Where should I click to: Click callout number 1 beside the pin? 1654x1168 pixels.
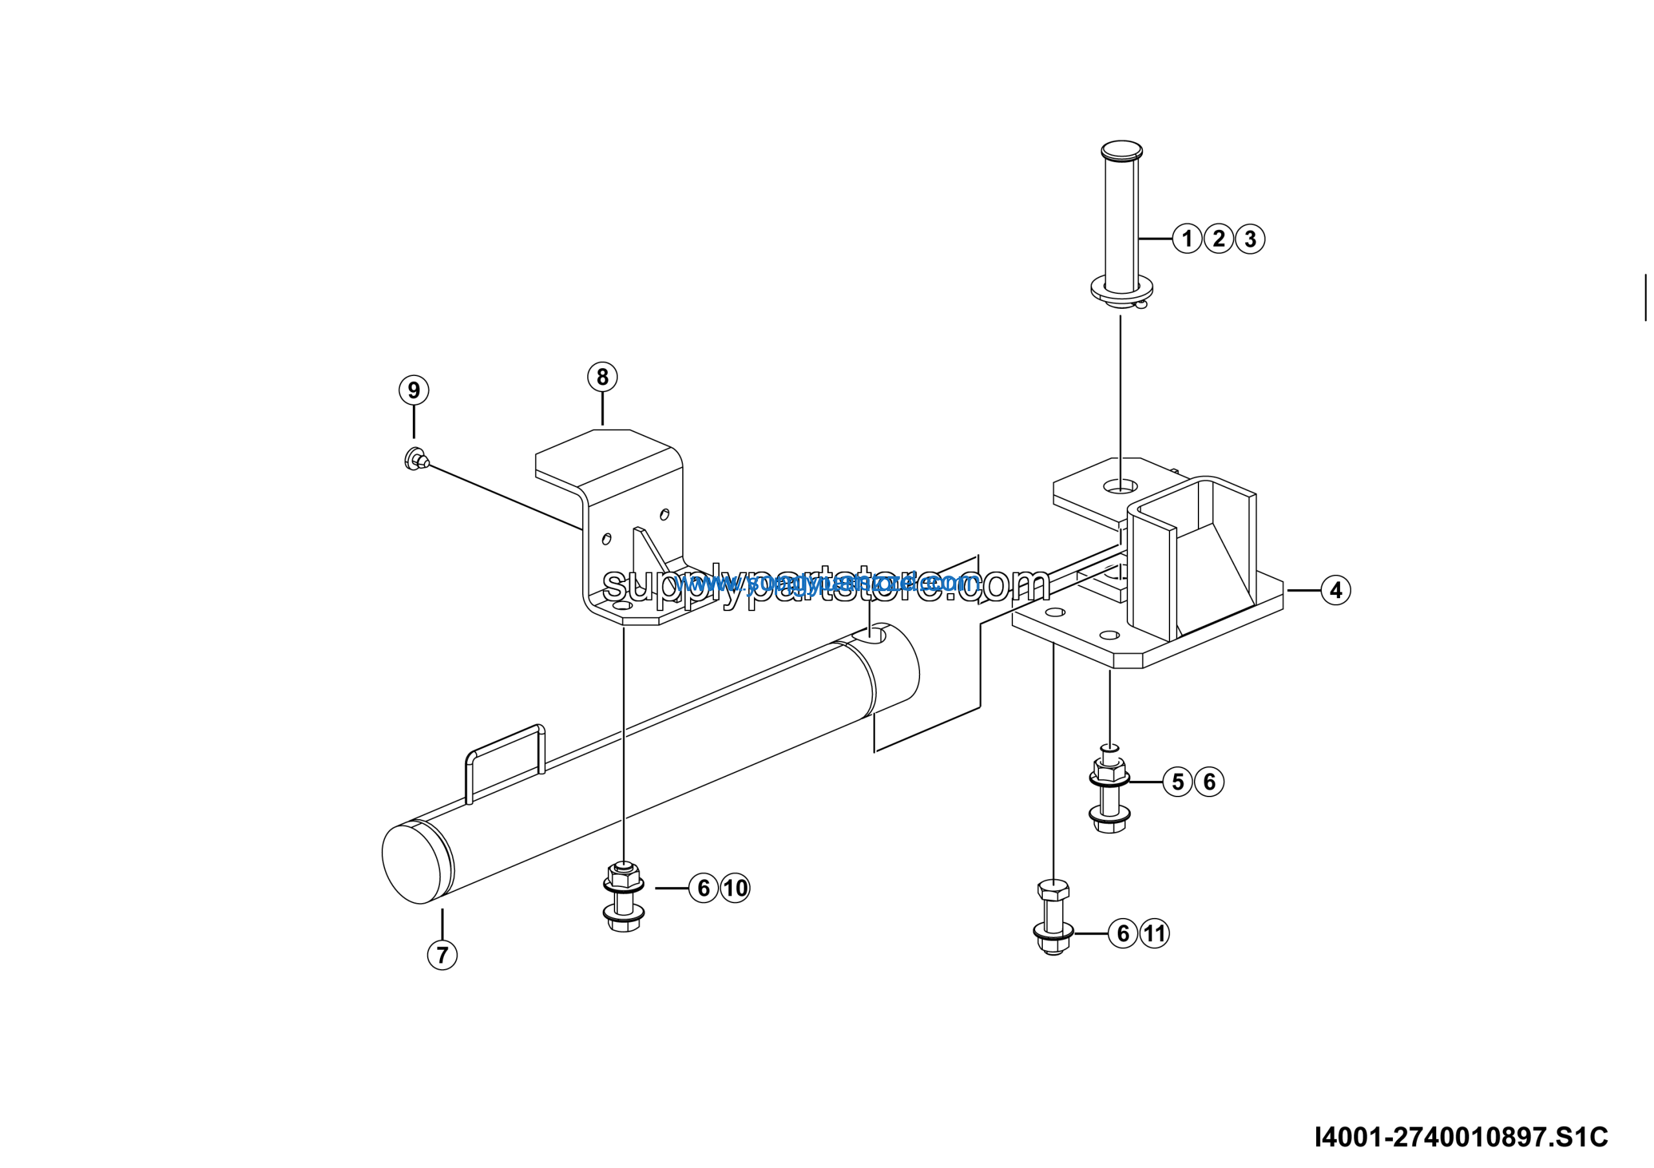[1187, 238]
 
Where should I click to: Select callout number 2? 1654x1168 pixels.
[1219, 238]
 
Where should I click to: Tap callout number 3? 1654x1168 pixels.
[1251, 239]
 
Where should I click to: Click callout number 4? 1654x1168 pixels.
[1336, 590]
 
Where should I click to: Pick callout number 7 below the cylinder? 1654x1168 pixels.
[443, 955]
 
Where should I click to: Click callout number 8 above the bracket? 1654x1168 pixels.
[602, 377]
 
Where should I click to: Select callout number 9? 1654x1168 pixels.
[414, 390]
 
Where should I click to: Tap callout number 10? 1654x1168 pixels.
[735, 888]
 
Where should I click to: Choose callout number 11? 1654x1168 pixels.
[1155, 933]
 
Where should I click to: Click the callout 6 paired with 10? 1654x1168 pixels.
[704, 888]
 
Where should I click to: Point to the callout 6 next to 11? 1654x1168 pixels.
[1123, 933]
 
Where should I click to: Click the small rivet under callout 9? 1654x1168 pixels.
[415, 459]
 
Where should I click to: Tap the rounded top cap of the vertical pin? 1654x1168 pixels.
[1122, 150]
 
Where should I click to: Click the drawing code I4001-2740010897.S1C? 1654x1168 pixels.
[1461, 1137]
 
